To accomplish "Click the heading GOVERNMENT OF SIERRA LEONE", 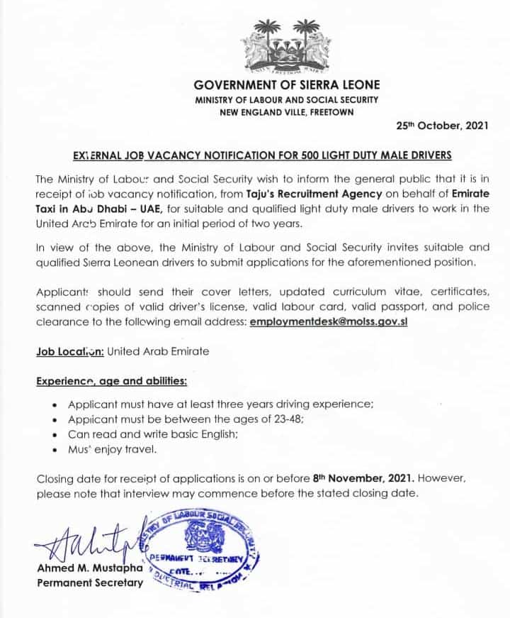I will tap(287, 85).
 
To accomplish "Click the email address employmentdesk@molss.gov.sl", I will tap(329, 321).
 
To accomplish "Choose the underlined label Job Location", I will tap(70, 351).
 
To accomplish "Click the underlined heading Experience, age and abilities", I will tap(112, 381).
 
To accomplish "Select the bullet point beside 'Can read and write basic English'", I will tap(56, 434).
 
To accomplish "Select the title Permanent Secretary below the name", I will tap(89, 583).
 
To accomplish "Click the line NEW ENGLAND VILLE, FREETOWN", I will tap(287, 112).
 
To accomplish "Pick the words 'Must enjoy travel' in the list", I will tap(112, 448).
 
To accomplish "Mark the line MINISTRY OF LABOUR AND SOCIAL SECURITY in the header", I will tap(287, 99).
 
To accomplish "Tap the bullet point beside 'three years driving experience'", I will tap(56, 403).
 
